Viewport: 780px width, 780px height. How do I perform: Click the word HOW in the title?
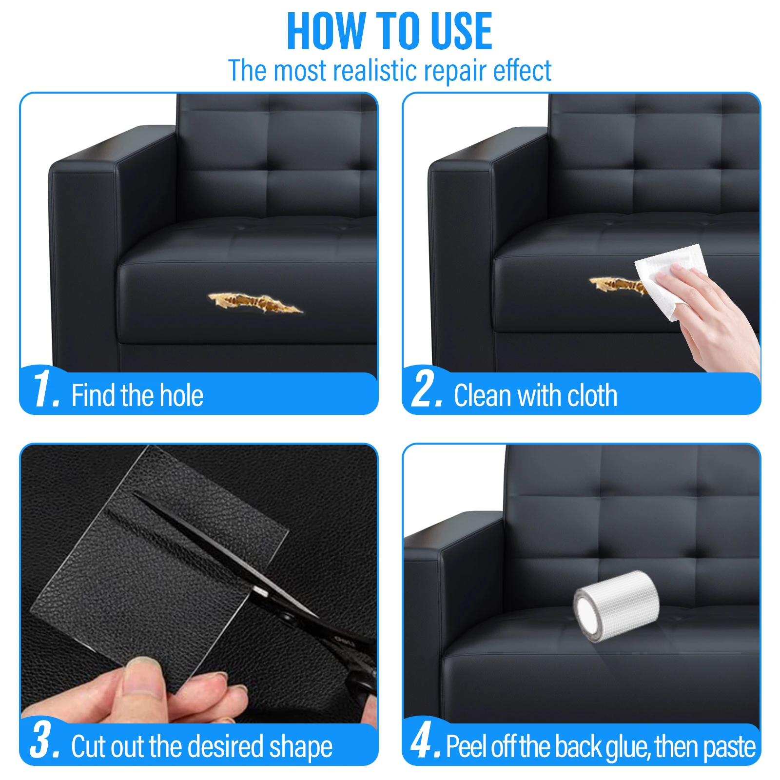coord(326,32)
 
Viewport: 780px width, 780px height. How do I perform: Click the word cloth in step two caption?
coord(592,395)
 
